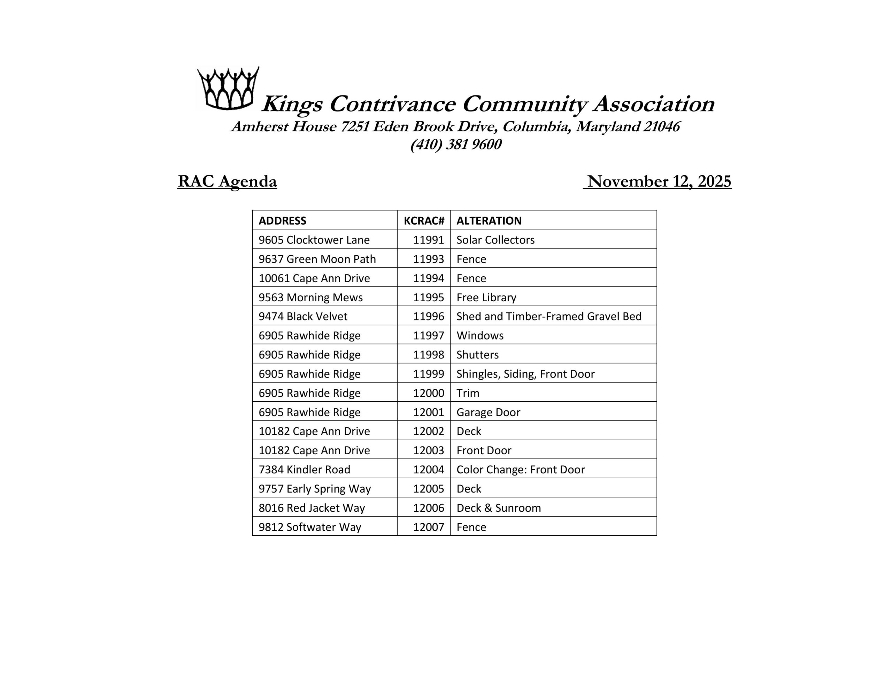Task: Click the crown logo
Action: click(228, 88)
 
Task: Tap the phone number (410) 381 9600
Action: click(456, 145)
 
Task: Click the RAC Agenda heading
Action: click(227, 181)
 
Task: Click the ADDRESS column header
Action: click(282, 220)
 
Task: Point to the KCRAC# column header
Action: click(424, 220)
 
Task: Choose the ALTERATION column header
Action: click(489, 220)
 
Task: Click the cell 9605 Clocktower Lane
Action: click(314, 240)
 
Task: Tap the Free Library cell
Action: click(486, 297)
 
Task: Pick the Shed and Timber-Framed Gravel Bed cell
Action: click(548, 317)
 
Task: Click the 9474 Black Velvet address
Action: click(303, 317)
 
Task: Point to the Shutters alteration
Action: click(477, 355)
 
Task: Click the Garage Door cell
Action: click(488, 412)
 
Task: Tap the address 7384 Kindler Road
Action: click(304, 470)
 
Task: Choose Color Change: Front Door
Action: click(520, 470)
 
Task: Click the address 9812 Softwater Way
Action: click(309, 527)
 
